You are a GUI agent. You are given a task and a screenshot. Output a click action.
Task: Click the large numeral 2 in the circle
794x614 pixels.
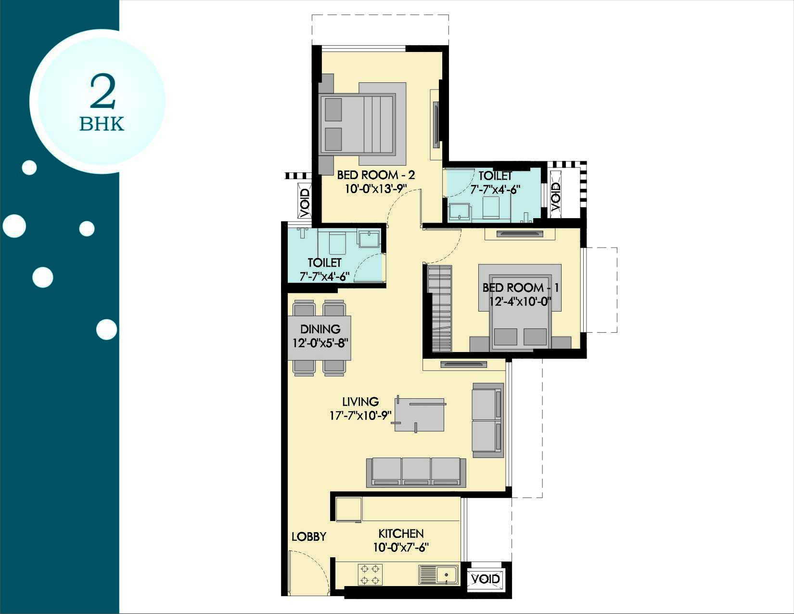coord(102,92)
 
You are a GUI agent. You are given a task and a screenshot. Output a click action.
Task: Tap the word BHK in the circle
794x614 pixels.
coord(102,124)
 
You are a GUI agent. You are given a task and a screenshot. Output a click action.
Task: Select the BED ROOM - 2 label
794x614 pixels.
coord(376,175)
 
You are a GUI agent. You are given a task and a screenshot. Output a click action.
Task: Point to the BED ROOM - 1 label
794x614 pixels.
coord(520,288)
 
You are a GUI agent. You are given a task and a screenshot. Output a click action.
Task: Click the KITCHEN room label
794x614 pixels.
coord(401,534)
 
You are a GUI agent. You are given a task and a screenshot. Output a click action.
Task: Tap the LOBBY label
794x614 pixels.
coord(309,536)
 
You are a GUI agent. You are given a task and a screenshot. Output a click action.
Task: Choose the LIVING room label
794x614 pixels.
coord(360,402)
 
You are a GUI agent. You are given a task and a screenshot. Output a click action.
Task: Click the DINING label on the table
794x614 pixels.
coord(320,329)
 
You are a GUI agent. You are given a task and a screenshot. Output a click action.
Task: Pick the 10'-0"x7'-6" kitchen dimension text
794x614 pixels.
coord(401,548)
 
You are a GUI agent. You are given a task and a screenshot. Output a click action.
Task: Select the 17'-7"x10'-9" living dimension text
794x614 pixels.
coord(360,416)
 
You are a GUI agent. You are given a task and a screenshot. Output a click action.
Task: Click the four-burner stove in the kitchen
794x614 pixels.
coord(370,575)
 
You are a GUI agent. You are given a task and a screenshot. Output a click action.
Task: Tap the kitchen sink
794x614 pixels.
coord(438,575)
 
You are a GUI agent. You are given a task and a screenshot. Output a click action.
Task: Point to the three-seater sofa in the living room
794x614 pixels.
coord(416,472)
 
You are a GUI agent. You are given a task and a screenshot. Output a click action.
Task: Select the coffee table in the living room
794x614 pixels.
coord(420,414)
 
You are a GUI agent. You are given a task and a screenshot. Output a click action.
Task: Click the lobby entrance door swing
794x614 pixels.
coord(306,572)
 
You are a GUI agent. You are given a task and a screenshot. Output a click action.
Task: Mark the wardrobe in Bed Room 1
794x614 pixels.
coord(439,309)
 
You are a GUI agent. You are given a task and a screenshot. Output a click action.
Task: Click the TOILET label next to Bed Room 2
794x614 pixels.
coord(495,176)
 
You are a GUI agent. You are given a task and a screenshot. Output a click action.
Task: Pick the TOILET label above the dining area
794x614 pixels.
coord(324,262)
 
